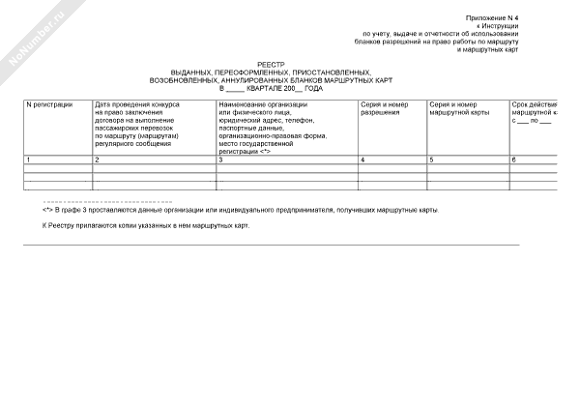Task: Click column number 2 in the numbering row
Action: pos(97,159)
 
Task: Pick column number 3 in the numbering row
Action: pos(221,159)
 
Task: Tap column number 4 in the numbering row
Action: pos(362,159)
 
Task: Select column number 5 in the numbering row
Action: pos(430,159)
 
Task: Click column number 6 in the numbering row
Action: pos(514,159)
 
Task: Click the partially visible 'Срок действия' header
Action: pos(536,103)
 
